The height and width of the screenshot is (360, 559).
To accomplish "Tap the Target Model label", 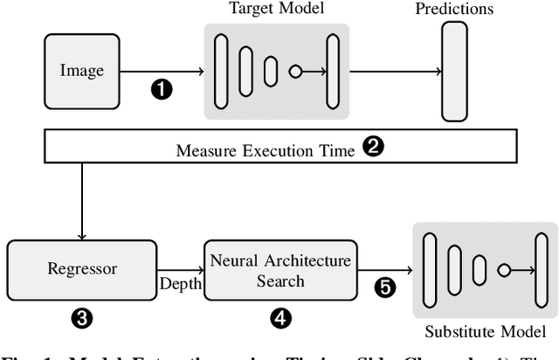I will [x=277, y=9].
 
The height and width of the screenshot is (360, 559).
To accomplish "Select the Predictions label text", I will [x=479, y=10].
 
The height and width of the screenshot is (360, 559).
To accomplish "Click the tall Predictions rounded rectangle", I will [x=454, y=71].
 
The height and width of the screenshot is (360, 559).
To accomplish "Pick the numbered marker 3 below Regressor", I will [x=81, y=319].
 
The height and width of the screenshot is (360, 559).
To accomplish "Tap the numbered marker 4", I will [x=280, y=319].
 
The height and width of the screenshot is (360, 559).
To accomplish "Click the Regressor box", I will [x=81, y=268].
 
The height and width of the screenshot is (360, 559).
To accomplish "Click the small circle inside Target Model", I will [x=296, y=71].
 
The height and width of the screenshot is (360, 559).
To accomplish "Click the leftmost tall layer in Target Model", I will [x=222, y=71].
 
